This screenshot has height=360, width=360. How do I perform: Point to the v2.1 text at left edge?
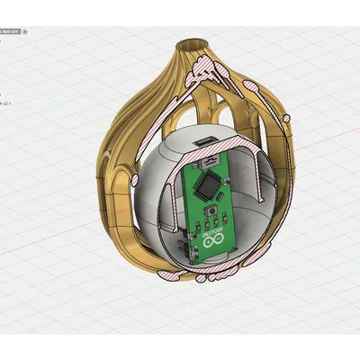click(4, 103)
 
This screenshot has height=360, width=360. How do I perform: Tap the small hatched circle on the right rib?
click(287, 116)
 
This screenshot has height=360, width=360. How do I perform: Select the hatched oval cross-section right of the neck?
click(252, 87)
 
